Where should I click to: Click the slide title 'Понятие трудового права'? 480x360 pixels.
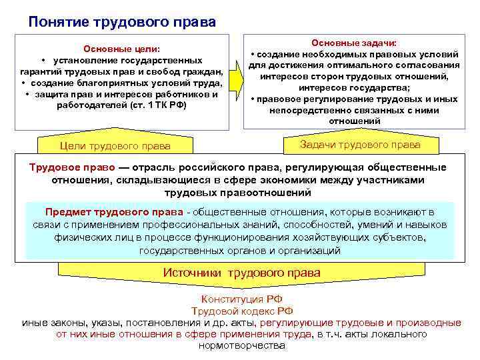tap(122, 22)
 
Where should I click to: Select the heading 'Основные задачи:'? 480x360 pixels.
tap(354, 42)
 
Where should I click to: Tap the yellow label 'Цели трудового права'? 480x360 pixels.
tap(115, 146)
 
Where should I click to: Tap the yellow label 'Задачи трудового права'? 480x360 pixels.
tap(361, 145)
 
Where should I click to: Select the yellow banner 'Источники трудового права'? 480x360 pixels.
tap(241, 273)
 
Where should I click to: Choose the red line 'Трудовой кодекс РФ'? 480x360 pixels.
tap(242, 311)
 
